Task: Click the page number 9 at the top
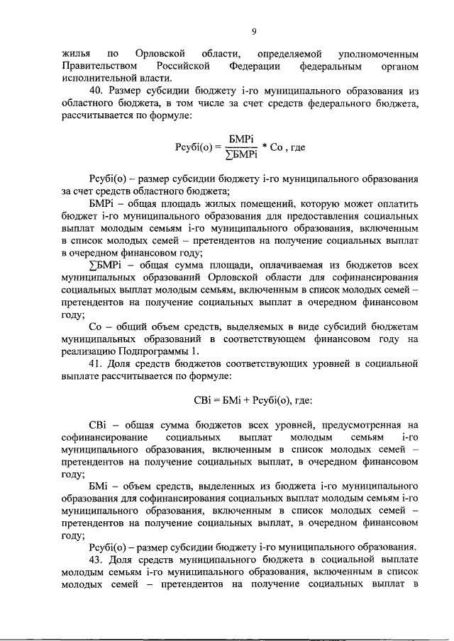[x=253, y=30]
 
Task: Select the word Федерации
[x=257, y=66]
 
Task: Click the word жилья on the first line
[x=75, y=54]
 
